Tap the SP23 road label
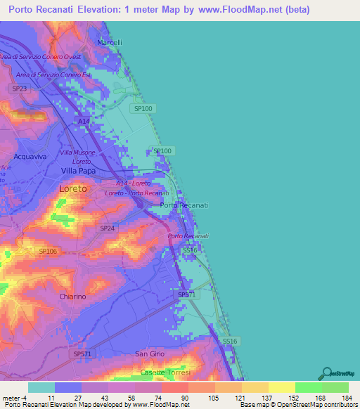coord(19,88)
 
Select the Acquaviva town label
coord(30,157)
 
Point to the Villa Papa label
coord(79,171)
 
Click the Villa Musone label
coord(77,152)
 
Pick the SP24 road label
coord(107,228)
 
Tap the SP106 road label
coord(47,251)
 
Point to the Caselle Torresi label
coord(165,372)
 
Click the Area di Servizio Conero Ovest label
coord(41,56)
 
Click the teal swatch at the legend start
coord(41,387)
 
